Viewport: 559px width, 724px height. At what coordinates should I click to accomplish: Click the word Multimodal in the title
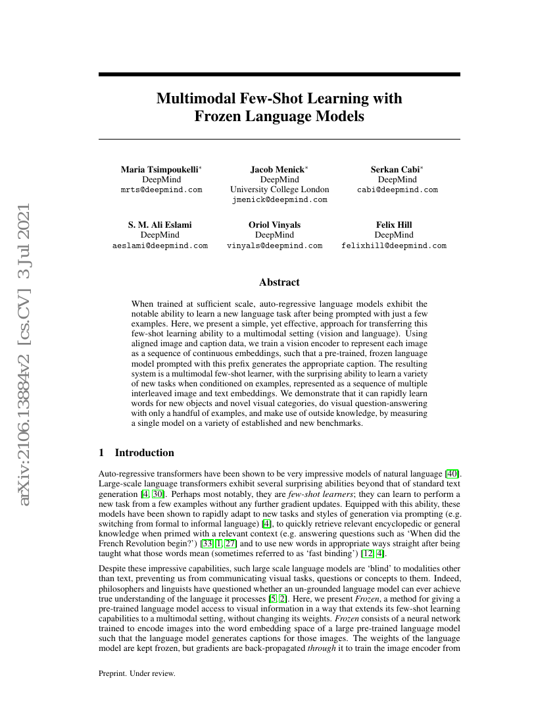(x=192, y=99)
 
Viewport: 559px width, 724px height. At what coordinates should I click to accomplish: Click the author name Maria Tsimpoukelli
(x=160, y=169)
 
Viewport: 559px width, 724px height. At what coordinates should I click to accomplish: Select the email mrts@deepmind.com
(x=162, y=190)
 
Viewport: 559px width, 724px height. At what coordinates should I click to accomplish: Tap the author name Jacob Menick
(x=278, y=169)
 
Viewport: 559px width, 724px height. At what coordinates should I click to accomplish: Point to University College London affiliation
(x=279, y=190)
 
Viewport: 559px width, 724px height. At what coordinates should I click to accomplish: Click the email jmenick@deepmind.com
(x=279, y=200)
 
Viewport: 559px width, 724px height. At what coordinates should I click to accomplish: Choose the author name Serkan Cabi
(x=396, y=169)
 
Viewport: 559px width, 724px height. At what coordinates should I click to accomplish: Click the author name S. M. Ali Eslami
(x=160, y=224)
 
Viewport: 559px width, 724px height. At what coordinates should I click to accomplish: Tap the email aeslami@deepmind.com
(x=160, y=246)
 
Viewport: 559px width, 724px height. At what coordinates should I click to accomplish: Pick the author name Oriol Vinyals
(x=275, y=224)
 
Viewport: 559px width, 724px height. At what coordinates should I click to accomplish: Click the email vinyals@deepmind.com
(x=275, y=246)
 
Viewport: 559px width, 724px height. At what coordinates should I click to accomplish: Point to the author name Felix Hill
(x=394, y=224)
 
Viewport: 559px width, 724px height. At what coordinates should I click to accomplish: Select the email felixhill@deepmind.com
(x=394, y=246)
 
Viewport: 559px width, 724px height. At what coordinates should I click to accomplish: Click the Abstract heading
(x=279, y=282)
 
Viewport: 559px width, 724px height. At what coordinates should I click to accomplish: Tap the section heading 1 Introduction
(x=136, y=453)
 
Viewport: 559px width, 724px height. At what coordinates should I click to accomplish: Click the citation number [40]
(x=452, y=473)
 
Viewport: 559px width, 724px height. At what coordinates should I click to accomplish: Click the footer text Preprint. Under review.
(x=137, y=673)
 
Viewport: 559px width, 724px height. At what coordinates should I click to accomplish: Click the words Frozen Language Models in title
(x=279, y=117)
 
